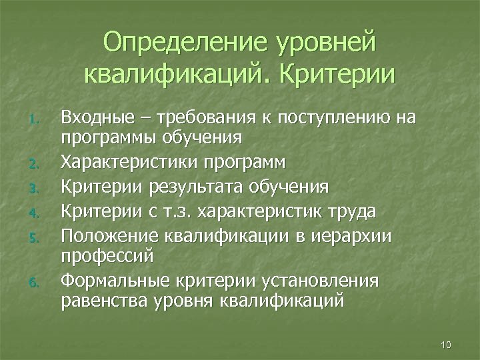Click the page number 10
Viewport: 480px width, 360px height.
click(x=446, y=344)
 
